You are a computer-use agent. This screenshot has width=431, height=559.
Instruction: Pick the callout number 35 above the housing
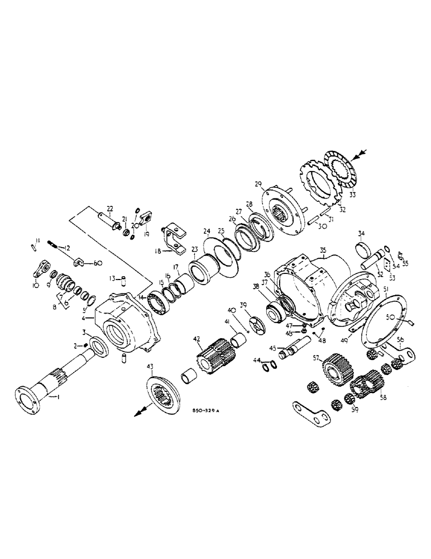(324, 252)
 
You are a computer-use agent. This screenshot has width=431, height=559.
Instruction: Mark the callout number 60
(97, 262)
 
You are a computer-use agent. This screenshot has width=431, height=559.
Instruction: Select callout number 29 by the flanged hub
(258, 184)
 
